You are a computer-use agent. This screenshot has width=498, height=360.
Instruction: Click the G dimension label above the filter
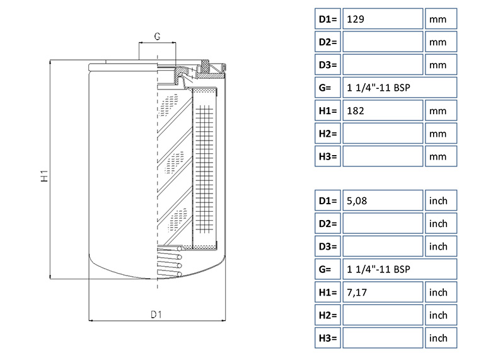tap(156, 37)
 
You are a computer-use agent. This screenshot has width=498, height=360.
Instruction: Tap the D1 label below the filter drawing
tap(157, 313)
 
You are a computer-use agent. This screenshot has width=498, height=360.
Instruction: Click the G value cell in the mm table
tap(398, 88)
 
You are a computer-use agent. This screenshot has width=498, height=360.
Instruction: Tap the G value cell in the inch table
tap(398, 270)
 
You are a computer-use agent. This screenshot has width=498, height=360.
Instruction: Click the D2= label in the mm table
tap(328, 42)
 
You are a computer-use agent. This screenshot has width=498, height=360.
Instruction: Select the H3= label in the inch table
tap(328, 338)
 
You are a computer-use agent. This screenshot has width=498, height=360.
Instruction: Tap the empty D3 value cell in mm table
tap(382, 65)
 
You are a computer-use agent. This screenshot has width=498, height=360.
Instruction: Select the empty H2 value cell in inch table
tap(382, 315)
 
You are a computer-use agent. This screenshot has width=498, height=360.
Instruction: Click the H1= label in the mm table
tap(328, 110)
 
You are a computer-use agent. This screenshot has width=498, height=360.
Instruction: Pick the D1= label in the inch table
tap(328, 201)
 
